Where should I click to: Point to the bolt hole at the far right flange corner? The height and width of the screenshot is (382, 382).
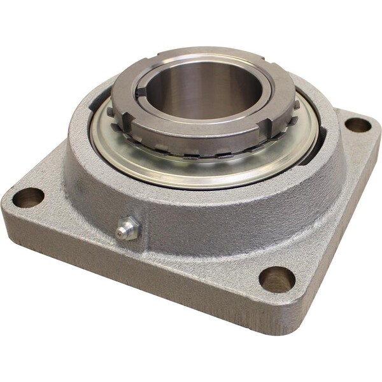(357, 125)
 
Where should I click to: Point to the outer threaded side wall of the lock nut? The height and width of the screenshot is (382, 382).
(191, 143)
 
